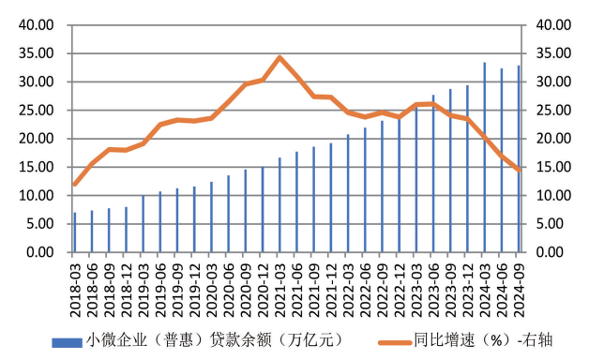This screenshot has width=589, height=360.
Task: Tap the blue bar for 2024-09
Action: pyautogui.click(x=519, y=159)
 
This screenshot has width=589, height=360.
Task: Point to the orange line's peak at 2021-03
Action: pyautogui.click(x=279, y=57)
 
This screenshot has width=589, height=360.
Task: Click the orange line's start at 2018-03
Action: pyautogui.click(x=75, y=184)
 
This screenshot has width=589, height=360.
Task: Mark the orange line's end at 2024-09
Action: pyautogui.click(x=519, y=170)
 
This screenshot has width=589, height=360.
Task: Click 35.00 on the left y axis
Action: pyautogui.click(x=38, y=53)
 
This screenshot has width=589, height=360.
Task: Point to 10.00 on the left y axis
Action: pyautogui.click(x=38, y=196)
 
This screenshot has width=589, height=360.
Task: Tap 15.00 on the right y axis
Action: pyautogui.click(x=552, y=168)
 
